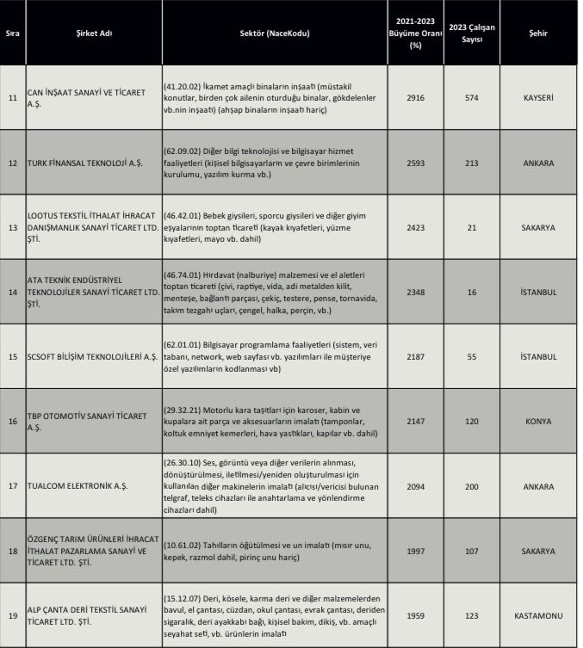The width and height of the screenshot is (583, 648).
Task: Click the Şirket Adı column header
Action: [x=94, y=34]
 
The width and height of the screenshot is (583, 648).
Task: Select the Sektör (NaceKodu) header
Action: [x=275, y=34]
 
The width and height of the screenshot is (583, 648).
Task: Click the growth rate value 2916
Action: [x=416, y=98]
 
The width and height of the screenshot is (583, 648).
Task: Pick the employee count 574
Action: [x=472, y=98]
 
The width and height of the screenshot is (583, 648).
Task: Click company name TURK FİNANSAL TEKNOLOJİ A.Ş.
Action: [x=85, y=163]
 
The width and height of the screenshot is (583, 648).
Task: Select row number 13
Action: [x=12, y=228]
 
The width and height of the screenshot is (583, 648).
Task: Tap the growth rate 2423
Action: [x=416, y=228]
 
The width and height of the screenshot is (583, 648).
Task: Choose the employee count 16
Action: [x=472, y=293]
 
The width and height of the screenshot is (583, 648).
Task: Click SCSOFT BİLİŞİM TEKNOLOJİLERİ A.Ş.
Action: [x=91, y=356]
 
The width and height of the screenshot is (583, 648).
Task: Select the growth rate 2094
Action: [x=416, y=486]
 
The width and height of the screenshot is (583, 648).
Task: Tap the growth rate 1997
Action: [x=416, y=551]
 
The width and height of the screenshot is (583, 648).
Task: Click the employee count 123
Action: [x=472, y=616]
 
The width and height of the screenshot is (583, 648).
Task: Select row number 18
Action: [x=12, y=551]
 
